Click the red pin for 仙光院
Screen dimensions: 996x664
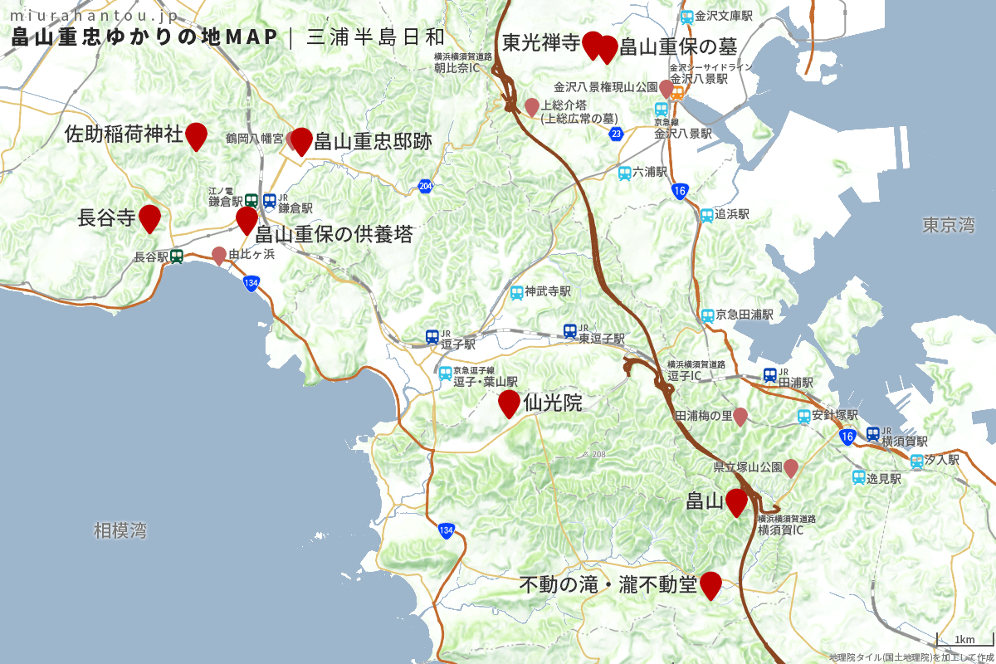click(509, 403)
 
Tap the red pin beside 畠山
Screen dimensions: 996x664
click(736, 502)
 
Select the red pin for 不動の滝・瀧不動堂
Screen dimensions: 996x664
click(710, 584)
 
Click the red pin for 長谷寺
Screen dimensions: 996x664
click(149, 217)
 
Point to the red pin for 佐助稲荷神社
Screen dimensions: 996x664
click(196, 134)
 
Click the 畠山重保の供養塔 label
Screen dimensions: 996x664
click(334, 234)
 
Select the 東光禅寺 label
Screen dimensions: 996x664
click(540, 43)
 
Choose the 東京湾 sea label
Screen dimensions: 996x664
click(948, 225)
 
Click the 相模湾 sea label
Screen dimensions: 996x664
click(120, 530)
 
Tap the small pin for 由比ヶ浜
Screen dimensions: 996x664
click(219, 255)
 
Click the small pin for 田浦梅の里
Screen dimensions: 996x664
click(740, 416)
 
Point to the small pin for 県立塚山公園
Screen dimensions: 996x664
click(792, 467)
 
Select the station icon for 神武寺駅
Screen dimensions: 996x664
click(517, 292)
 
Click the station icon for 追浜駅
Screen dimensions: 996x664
click(707, 215)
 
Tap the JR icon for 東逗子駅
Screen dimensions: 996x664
click(570, 331)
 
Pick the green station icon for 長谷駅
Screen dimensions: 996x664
click(177, 257)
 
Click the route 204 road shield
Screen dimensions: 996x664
click(425, 186)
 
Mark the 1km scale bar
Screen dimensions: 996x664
click(964, 637)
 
